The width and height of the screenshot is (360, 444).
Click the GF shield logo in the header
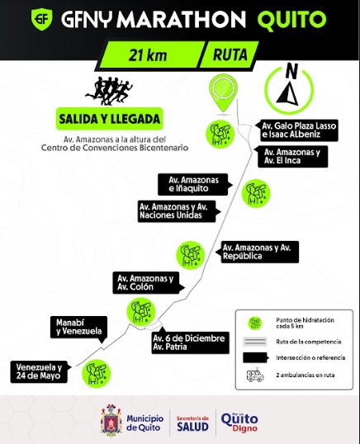41,19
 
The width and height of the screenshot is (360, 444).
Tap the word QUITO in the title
291,19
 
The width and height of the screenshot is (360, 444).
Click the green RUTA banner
230,54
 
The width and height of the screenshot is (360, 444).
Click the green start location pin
223,92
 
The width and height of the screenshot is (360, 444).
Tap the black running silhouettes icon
109,91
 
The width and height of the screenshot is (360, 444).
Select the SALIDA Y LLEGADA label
110,119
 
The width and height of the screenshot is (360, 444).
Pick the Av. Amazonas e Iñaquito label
195,184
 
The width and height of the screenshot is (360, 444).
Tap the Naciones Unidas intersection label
179,211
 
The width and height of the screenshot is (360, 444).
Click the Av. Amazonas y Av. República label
257,252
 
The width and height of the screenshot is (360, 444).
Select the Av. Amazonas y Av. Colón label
149,282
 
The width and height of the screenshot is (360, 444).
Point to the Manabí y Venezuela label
79,328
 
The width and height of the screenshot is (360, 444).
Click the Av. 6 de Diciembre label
191,342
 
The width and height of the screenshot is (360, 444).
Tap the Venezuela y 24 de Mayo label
40,372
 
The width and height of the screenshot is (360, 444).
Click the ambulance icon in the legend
255,376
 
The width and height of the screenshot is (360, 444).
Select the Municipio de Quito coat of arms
111,419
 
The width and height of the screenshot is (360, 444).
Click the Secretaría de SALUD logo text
192,424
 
